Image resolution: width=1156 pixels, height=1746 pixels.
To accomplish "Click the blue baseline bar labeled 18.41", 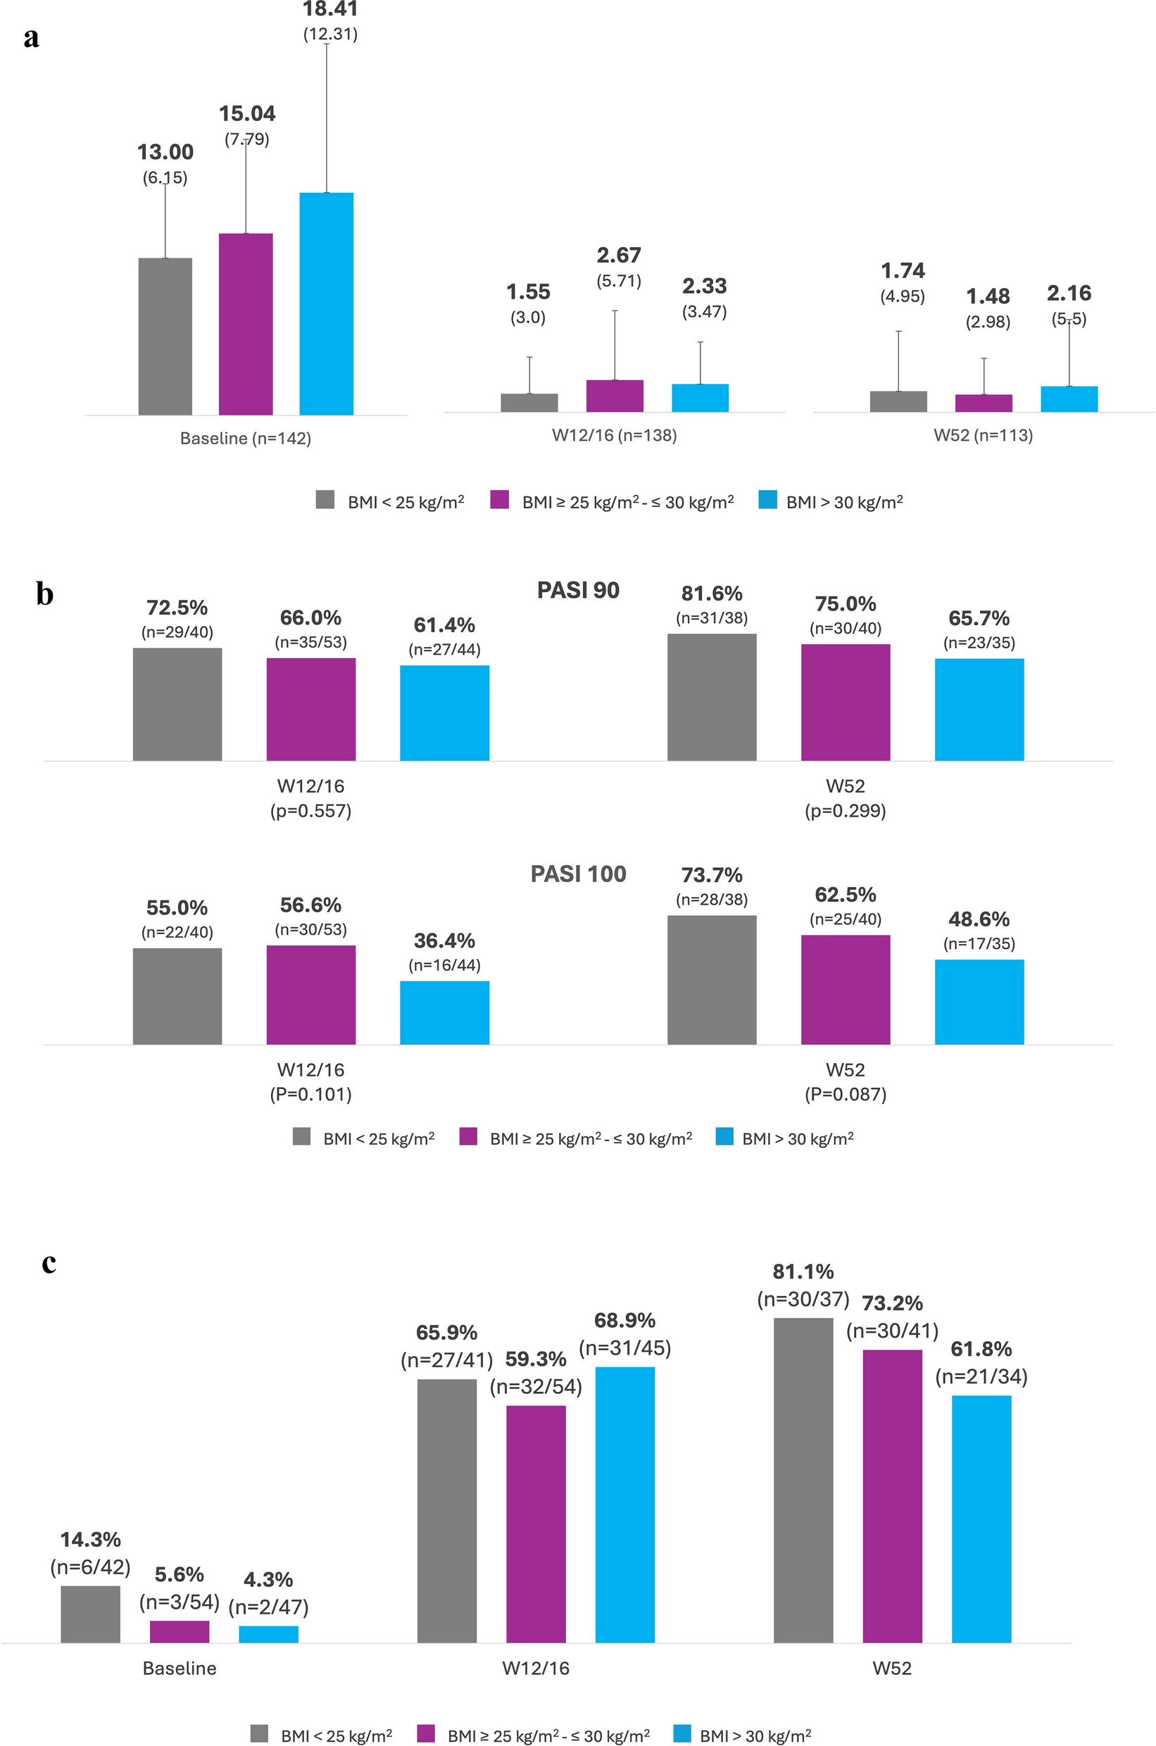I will pos(326,303).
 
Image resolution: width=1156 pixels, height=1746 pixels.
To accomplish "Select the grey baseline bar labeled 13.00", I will pos(165,337).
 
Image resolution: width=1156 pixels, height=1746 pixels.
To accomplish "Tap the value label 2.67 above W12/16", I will pos(619,255).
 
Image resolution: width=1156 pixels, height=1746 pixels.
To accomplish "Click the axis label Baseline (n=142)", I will pos(246,438).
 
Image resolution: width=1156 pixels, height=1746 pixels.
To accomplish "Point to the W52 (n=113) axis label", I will pos(983,435).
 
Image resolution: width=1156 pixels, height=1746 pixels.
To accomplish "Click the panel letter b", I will pos(44,593).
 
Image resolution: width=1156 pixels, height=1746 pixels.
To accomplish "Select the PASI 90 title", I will pos(578,590).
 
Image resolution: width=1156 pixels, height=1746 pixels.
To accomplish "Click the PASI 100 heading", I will pos(578,874).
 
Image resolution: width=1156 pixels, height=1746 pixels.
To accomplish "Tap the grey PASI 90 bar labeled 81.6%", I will pos(712,697).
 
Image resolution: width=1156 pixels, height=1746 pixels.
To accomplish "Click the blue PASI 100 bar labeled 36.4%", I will pos(444,1012).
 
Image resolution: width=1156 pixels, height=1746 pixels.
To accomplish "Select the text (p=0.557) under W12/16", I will pos(310,810).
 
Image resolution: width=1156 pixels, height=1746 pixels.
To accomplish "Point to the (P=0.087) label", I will pos(845,1093).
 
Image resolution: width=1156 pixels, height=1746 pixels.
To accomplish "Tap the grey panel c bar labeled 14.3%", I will pos(90,1614).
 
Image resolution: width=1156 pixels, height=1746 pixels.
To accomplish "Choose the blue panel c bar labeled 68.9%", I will pos(624,1504).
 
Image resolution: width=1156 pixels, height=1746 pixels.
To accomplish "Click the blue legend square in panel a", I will pos(767,500).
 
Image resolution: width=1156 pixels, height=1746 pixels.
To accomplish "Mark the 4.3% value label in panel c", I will pos(268,1579).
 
